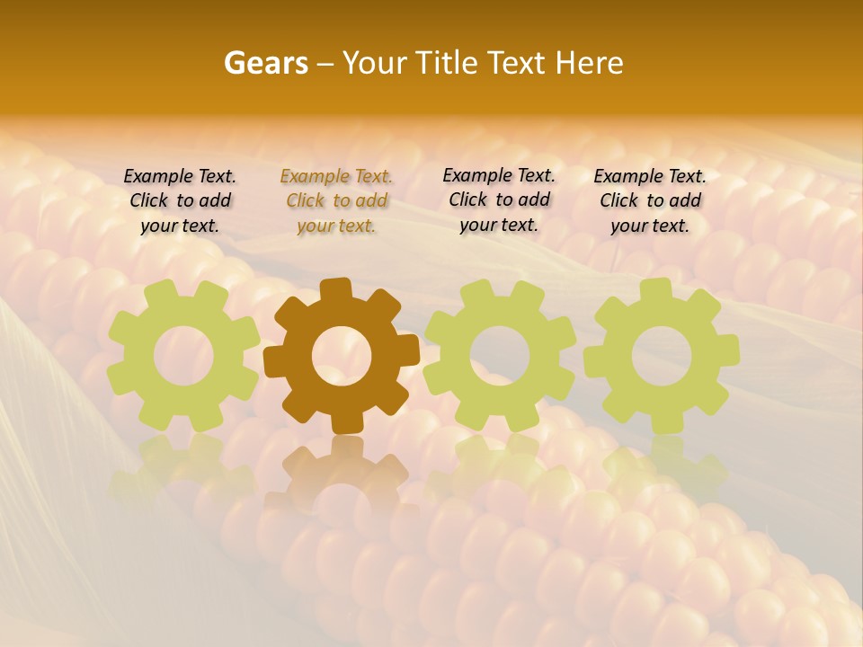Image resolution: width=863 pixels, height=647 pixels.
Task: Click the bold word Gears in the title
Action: coord(265,63)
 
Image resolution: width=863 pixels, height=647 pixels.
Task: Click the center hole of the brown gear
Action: coord(342,356)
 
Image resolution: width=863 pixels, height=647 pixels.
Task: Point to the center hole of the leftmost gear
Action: coord(183,356)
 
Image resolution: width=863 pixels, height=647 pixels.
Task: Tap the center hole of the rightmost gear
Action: coord(662,354)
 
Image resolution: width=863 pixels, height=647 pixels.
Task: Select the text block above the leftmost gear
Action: coord(180,201)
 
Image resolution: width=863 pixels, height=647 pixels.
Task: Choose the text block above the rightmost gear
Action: coord(650,201)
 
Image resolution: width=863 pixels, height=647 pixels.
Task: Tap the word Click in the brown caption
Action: coord(306,201)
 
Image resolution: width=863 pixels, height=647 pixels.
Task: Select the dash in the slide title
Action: coord(325,63)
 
